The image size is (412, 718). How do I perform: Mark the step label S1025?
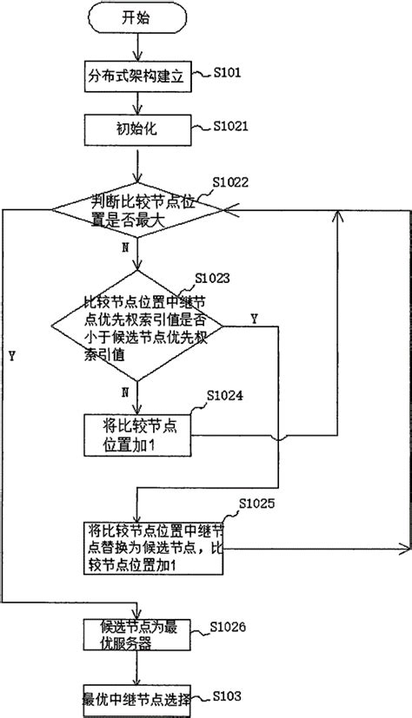pyautogui.click(x=256, y=504)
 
